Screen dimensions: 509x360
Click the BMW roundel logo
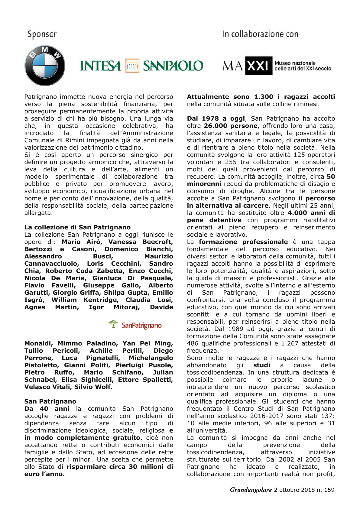tap(45, 66)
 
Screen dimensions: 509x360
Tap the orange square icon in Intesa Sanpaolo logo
tap(132, 66)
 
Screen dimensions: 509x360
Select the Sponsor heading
tap(42, 34)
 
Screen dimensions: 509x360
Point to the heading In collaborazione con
tap(260, 34)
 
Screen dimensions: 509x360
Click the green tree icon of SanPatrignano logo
tap(113, 324)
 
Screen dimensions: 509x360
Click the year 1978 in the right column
tap(210, 118)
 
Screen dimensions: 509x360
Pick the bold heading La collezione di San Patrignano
tap(77, 227)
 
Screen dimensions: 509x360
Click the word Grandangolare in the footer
tap(251, 490)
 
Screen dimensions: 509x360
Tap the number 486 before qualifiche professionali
tap(193, 343)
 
